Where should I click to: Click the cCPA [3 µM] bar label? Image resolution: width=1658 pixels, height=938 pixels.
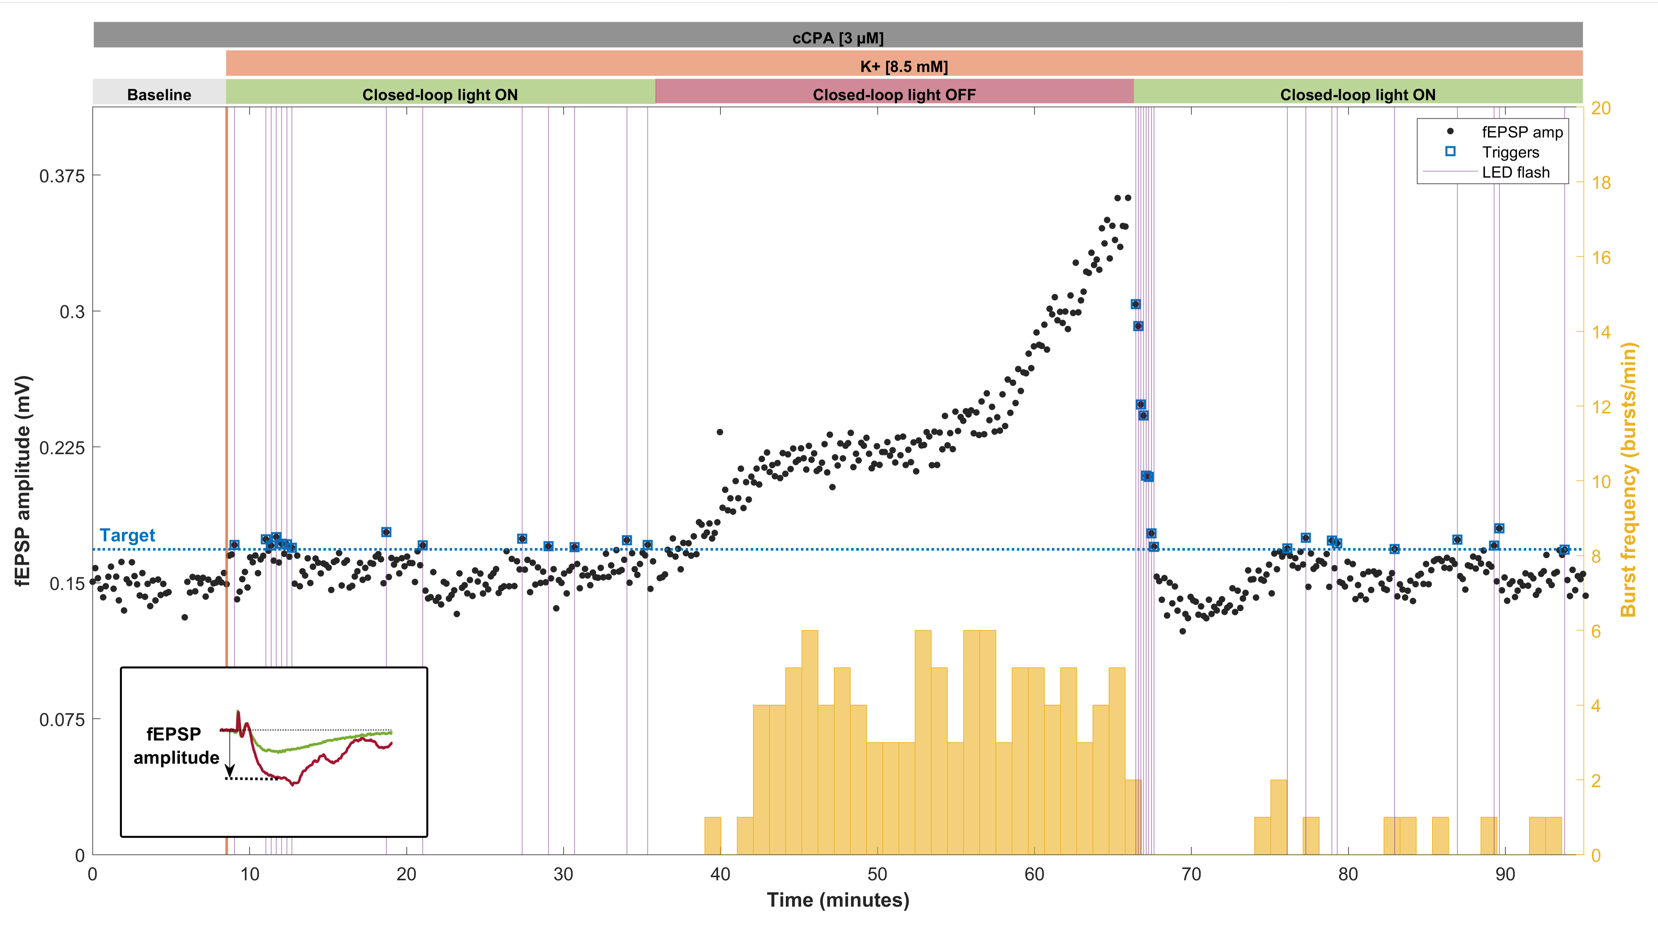(x=838, y=38)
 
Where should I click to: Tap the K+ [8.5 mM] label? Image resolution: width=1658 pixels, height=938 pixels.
(x=904, y=66)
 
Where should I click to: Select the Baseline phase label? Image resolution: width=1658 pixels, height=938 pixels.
(x=159, y=95)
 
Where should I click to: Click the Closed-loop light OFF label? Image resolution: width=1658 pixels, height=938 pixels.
(x=894, y=95)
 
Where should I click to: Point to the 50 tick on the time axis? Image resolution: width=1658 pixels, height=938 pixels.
(x=877, y=874)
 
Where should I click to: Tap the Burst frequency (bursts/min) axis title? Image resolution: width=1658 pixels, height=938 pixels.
(x=1629, y=480)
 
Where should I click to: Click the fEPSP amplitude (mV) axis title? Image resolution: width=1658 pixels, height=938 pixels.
(x=23, y=480)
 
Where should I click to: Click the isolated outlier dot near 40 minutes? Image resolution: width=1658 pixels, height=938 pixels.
(x=720, y=432)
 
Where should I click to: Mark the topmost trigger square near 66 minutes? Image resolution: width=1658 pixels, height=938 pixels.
(x=1135, y=304)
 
